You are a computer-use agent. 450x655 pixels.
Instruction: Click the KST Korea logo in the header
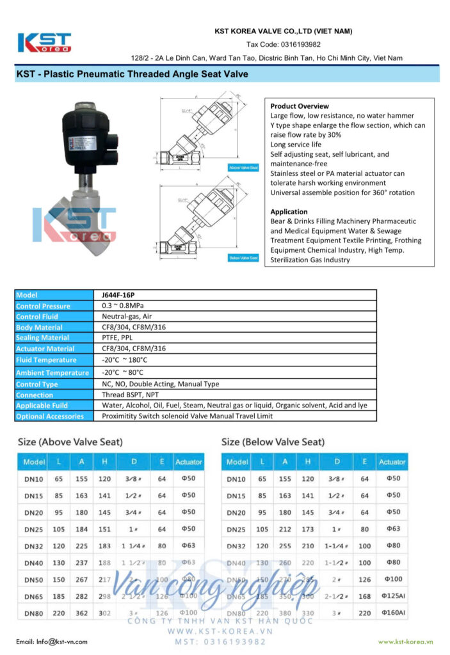[x=44, y=42]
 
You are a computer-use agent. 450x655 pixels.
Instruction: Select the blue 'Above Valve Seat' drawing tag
[x=243, y=167]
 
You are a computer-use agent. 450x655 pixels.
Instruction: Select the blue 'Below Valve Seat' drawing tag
[x=243, y=258]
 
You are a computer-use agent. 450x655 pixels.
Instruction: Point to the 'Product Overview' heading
[x=300, y=106]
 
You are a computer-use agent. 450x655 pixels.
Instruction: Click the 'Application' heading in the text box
[x=289, y=212]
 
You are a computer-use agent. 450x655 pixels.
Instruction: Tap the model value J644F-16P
[x=118, y=295]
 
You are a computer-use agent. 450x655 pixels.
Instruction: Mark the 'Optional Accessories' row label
[x=50, y=416]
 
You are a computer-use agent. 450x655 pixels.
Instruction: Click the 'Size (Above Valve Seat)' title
[x=70, y=442]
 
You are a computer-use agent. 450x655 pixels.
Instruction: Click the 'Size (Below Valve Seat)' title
[x=273, y=442]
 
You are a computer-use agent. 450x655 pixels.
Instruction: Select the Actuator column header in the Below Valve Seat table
[x=392, y=462]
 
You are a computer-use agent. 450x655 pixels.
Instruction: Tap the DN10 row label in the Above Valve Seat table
[x=34, y=478]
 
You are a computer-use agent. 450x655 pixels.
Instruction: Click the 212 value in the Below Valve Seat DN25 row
[x=285, y=529]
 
